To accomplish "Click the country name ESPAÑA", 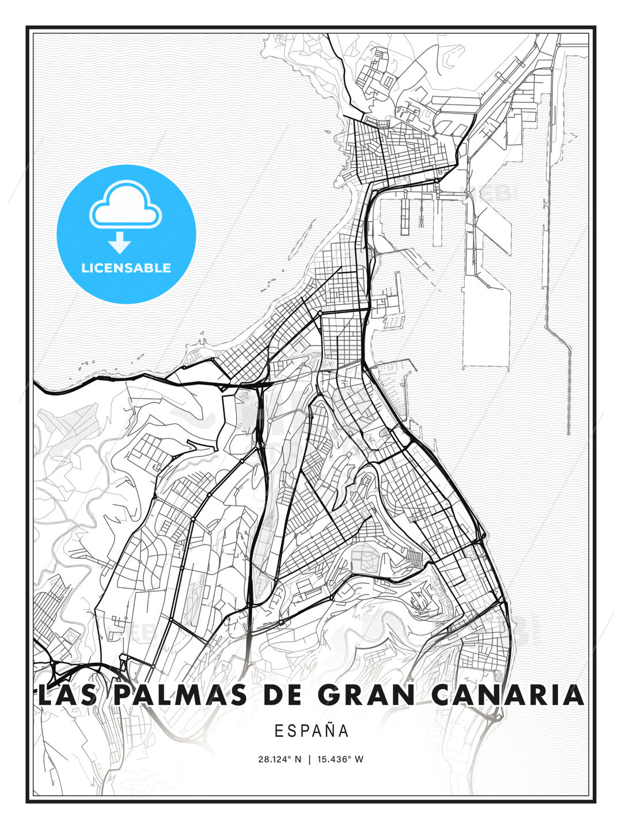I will coord(312,731).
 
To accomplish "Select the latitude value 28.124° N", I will coord(279,759).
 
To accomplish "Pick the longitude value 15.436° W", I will coord(341,759).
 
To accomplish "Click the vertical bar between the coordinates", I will coord(310,759).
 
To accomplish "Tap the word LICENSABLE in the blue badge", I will coord(126,268).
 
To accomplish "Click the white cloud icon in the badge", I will coord(126,205).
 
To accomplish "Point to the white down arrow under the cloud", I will coord(120,242).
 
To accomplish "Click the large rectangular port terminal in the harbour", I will coord(487,328).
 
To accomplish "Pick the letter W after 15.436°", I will coord(359,759).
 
